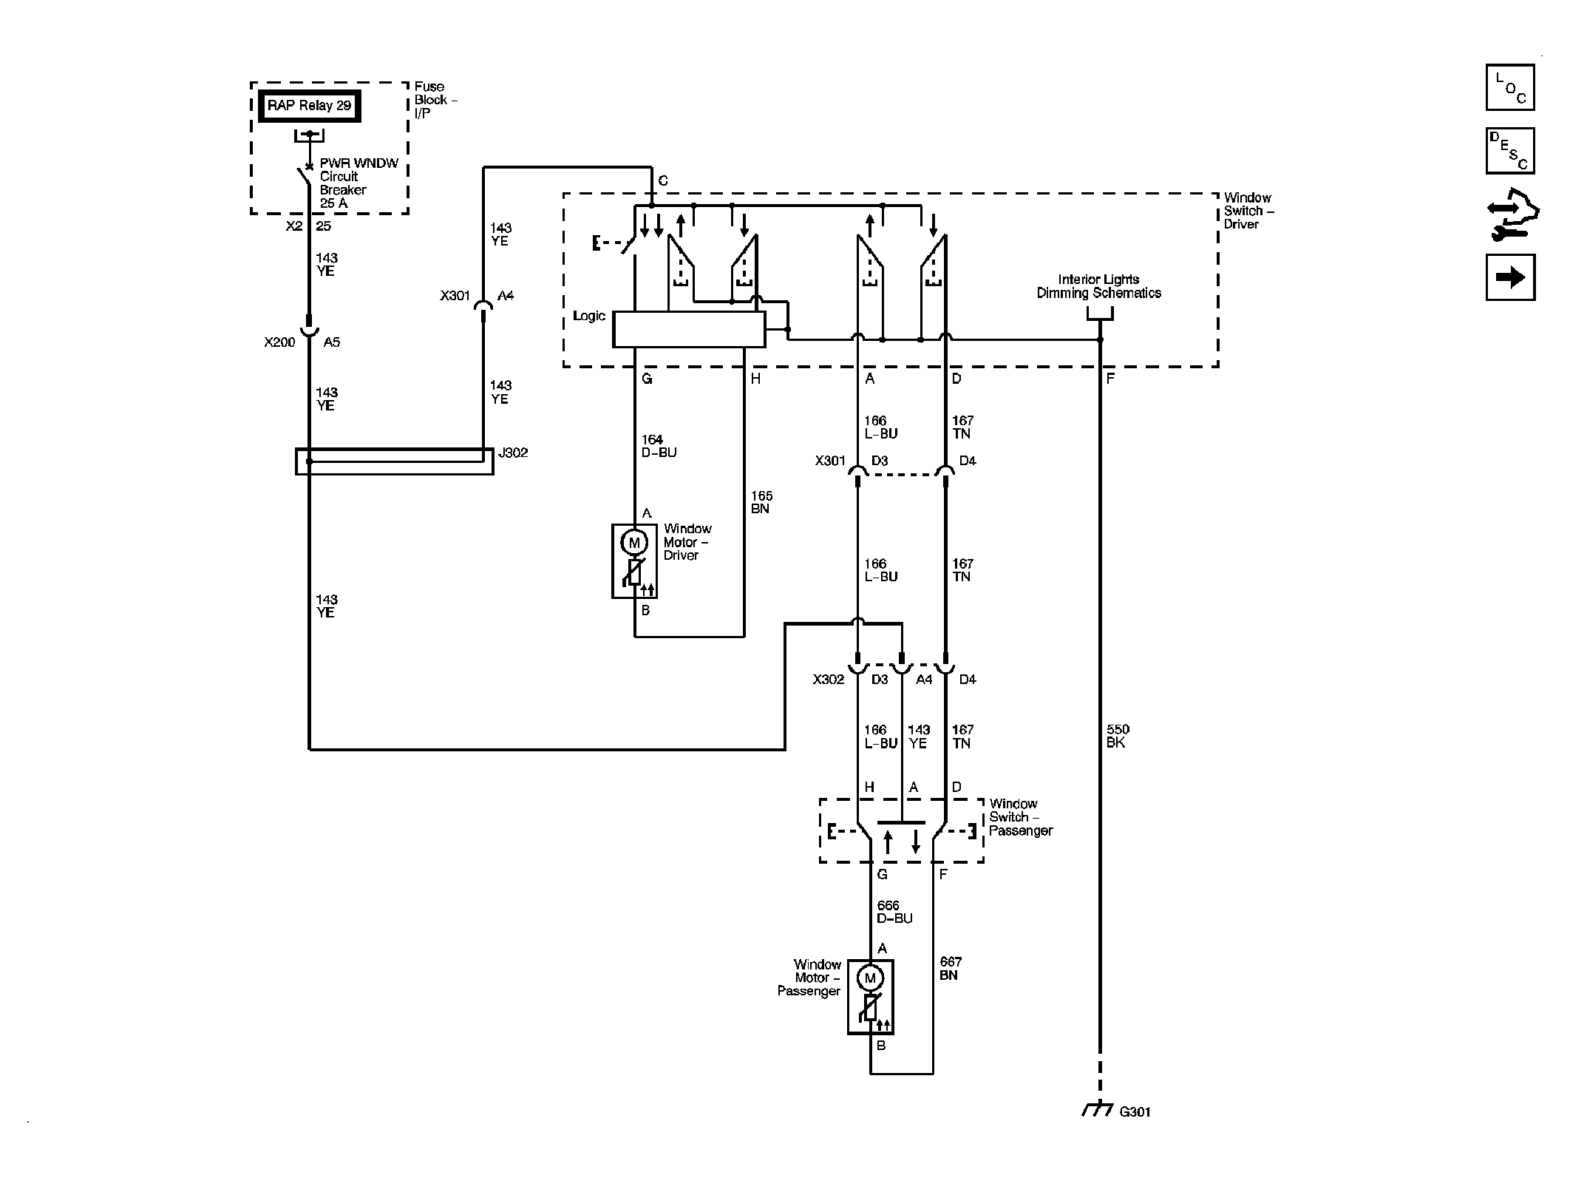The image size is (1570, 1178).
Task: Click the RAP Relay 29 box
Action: coord(309,106)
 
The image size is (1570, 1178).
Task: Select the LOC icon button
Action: coord(1509,87)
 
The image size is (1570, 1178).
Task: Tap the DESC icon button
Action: coord(1509,151)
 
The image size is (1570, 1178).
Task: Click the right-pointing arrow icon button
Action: coord(1509,277)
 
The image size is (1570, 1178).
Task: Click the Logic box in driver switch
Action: coord(689,329)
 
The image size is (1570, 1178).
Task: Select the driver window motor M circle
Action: coord(633,543)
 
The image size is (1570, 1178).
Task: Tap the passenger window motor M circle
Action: coord(870,978)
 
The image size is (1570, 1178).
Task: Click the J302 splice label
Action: coord(513,453)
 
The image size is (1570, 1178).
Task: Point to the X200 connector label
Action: coord(279,342)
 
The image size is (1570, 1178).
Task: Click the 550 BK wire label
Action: coord(1117,736)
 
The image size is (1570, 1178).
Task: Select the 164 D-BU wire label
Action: coord(659,446)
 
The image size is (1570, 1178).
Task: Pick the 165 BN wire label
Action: coord(761,502)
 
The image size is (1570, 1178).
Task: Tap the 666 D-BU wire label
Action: coord(894,912)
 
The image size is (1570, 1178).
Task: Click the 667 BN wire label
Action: coord(951,969)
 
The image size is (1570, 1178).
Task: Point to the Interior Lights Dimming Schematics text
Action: coord(1098,286)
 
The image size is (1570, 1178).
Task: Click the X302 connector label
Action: coord(828,680)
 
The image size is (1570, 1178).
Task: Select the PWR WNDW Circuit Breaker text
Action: coord(358,183)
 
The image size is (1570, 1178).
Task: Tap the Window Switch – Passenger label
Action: coord(1021,817)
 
